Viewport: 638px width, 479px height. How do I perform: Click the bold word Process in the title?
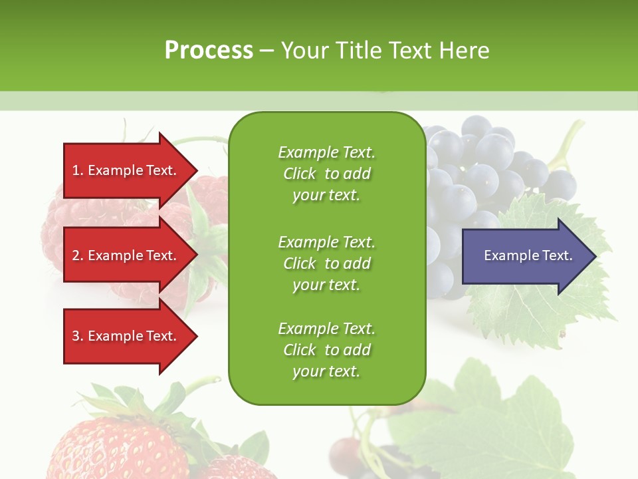click(209, 51)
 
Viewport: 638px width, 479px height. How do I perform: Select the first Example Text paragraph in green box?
click(326, 174)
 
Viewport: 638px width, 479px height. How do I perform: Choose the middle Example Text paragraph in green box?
click(326, 263)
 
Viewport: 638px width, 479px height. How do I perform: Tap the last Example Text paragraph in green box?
click(326, 350)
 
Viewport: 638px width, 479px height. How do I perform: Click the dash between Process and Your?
click(266, 51)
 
